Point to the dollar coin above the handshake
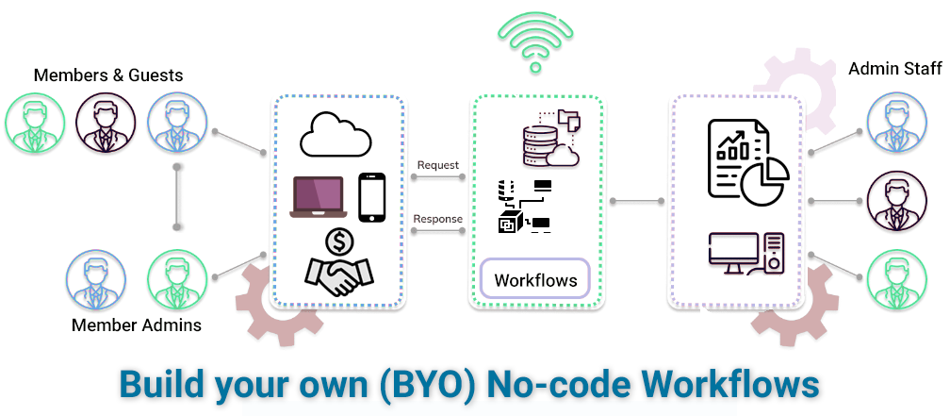point(338,242)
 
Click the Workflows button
point(535,280)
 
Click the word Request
point(437,165)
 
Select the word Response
point(438,219)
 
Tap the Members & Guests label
point(108,75)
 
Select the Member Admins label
point(137,326)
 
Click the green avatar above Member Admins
point(177,279)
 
